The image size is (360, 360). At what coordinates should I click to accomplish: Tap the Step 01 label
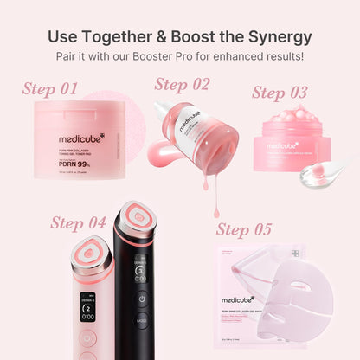[50, 89]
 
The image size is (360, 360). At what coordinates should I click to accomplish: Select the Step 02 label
[182, 84]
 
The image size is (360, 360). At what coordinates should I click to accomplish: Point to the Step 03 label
[280, 93]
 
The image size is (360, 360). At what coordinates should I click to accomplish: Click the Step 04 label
[78, 222]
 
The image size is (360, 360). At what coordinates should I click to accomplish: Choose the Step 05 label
[244, 229]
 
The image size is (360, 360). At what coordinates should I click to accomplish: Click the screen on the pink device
[87, 306]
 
